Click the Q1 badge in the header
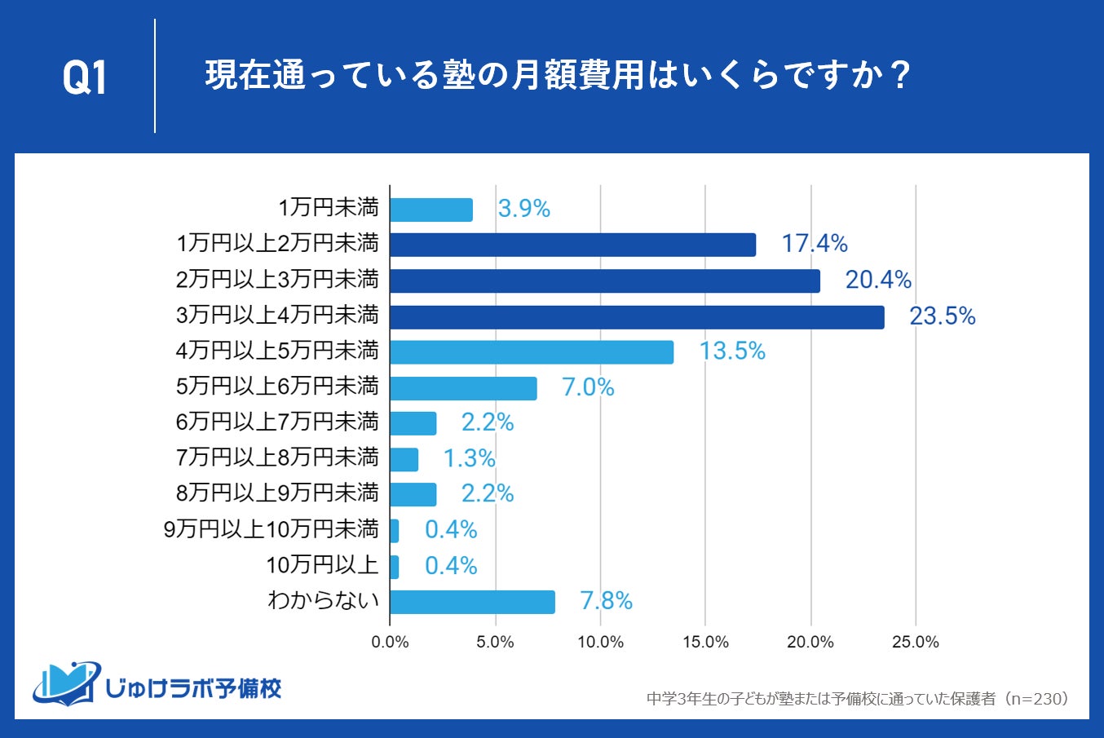pyautogui.click(x=85, y=78)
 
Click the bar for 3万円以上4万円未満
pyautogui.click(x=637, y=316)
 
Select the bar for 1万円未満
pyautogui.click(x=431, y=210)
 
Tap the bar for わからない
pyautogui.click(x=472, y=602)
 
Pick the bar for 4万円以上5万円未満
pyautogui.click(x=532, y=352)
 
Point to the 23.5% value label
pyautogui.click(x=943, y=316)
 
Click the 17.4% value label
pyautogui.click(x=815, y=244)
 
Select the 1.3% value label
pyautogui.click(x=469, y=458)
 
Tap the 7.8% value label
pyautogui.click(x=606, y=601)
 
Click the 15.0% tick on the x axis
pyautogui.click(x=705, y=643)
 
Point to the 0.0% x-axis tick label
pyautogui.click(x=390, y=643)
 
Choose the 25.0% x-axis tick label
pyautogui.click(x=916, y=643)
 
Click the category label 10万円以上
pyautogui.click(x=323, y=564)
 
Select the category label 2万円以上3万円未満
pyautogui.click(x=277, y=280)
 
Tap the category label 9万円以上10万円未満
pyautogui.click(x=272, y=529)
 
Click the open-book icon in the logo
pyautogui.click(x=65, y=683)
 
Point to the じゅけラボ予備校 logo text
pyautogui.click(x=194, y=688)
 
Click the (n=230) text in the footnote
pyautogui.click(x=1035, y=699)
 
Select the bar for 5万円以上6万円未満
pyautogui.click(x=463, y=388)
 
